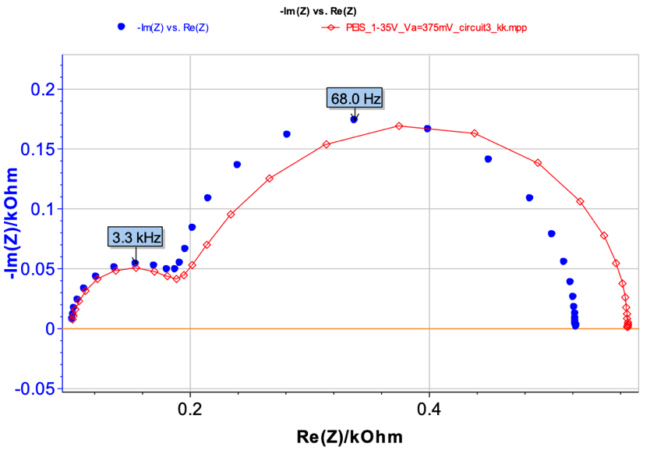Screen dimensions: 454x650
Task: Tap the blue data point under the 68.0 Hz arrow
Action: (x=354, y=119)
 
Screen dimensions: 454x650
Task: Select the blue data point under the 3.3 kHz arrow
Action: (x=135, y=264)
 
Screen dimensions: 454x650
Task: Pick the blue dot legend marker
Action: (x=121, y=27)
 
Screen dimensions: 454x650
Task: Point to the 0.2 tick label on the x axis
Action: (x=190, y=407)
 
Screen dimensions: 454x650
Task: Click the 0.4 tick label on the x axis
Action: (x=429, y=407)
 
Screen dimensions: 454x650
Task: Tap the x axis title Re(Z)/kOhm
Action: (x=351, y=437)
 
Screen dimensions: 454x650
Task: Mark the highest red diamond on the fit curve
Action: (x=399, y=126)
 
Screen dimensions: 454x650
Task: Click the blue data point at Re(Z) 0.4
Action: (x=427, y=129)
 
